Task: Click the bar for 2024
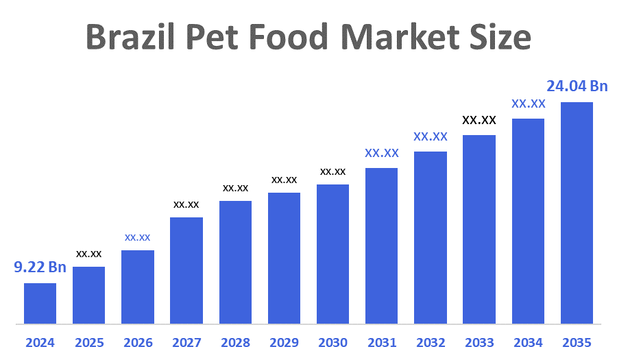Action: tap(40, 303)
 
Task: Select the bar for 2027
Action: tap(186, 270)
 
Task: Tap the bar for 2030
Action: tap(332, 254)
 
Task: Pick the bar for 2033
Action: tap(479, 229)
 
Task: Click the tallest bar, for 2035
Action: tap(577, 213)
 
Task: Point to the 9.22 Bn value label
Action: tap(40, 267)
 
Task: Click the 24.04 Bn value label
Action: tap(577, 86)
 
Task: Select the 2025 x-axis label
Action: tap(89, 342)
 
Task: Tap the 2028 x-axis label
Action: tap(235, 342)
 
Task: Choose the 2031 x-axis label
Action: tap(381, 342)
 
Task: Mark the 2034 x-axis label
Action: tap(528, 342)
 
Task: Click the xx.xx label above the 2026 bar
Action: tap(137, 237)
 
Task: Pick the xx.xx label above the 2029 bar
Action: tap(284, 180)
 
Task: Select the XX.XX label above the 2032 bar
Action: tap(430, 136)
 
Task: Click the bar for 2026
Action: tap(137, 287)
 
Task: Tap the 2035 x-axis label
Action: tap(577, 342)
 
